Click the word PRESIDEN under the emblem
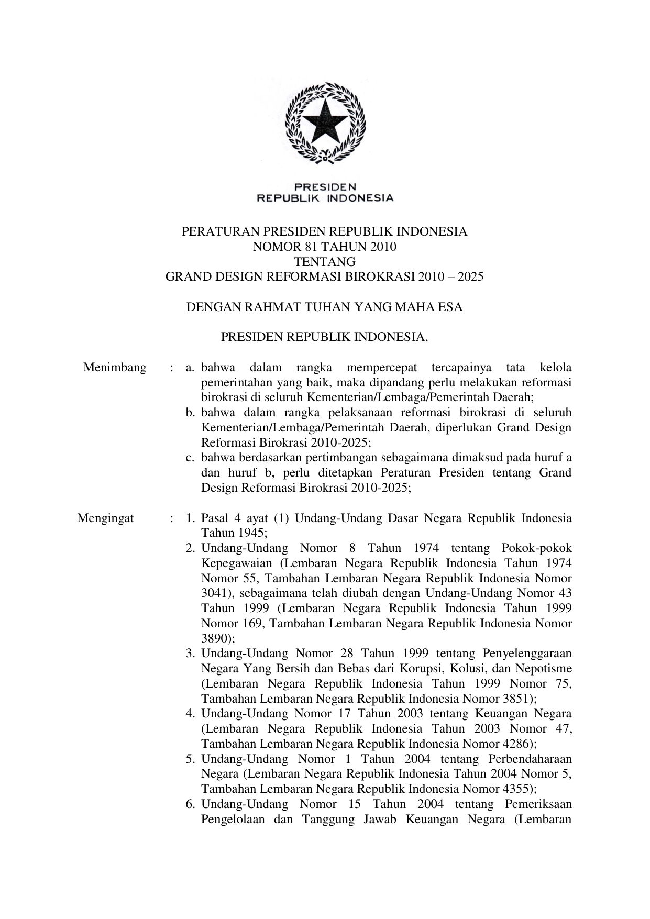(325, 186)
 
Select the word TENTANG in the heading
(324, 262)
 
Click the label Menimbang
(115, 368)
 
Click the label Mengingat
(105, 518)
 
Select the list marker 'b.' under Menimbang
(191, 413)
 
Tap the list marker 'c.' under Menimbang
(191, 458)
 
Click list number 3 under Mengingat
(191, 654)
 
